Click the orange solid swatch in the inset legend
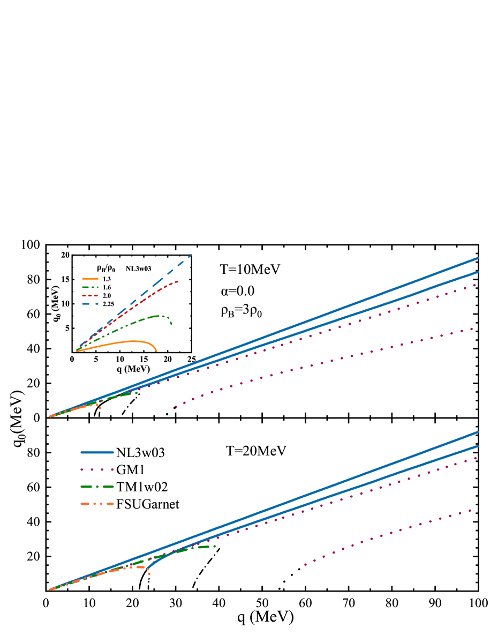(90, 279)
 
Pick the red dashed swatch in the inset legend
(90, 295)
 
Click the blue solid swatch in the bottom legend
(97, 452)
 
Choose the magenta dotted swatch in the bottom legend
(97, 469)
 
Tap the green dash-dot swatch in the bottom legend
(97, 487)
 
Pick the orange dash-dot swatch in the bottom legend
(97, 504)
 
